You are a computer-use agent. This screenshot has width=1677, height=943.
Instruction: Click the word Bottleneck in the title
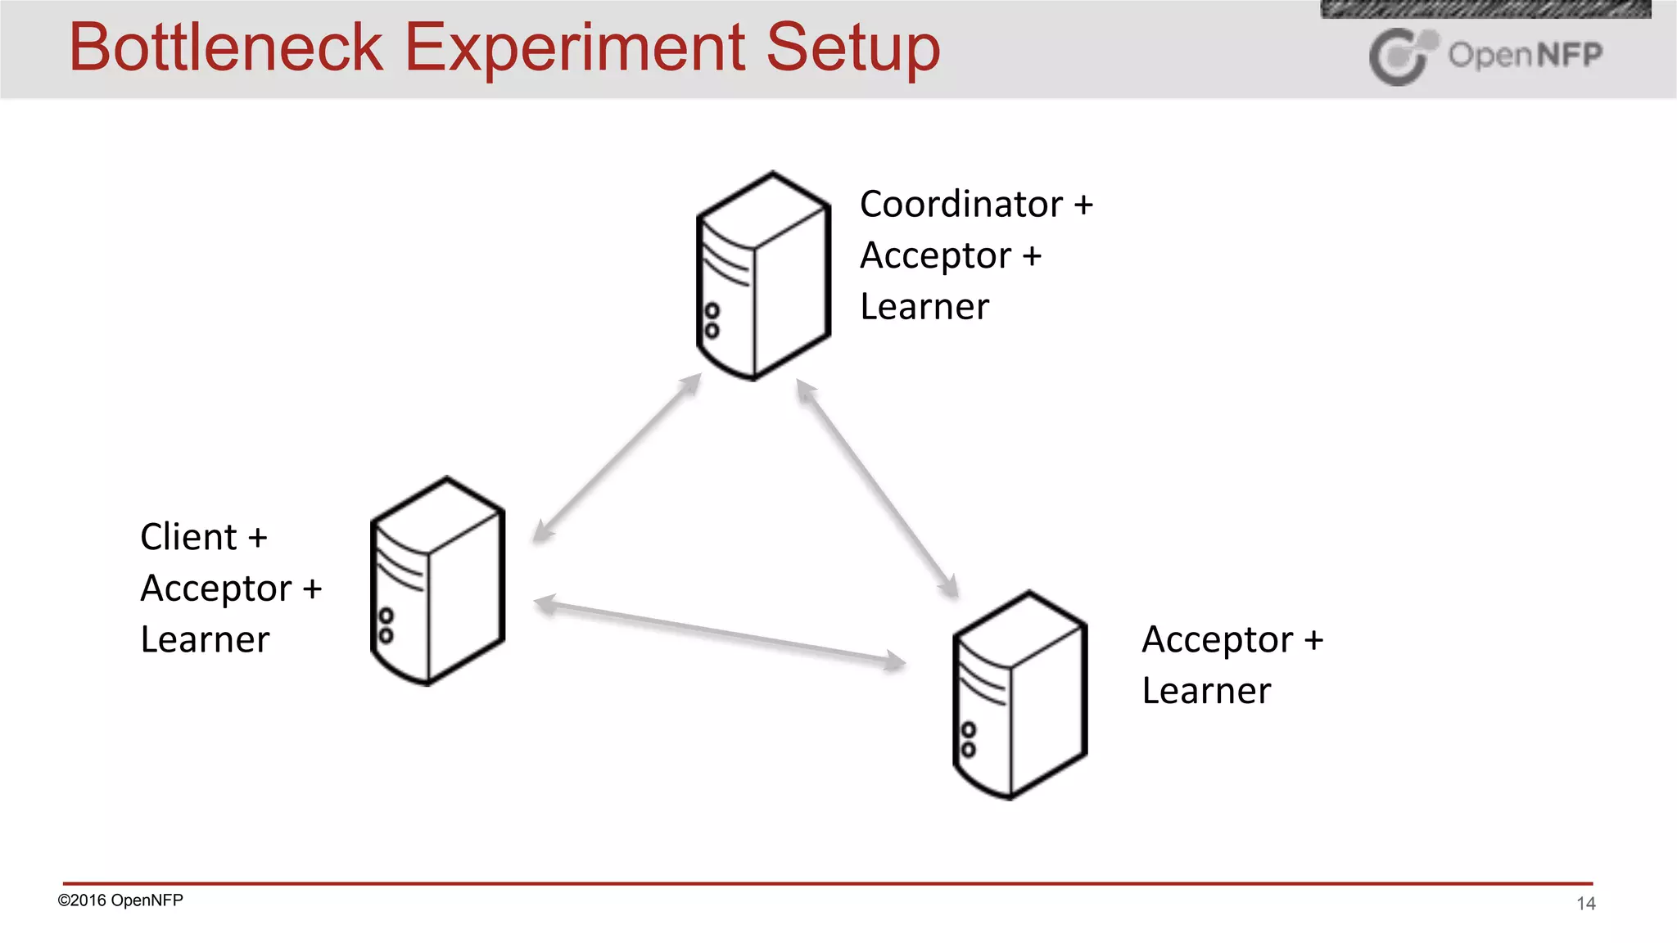click(x=226, y=47)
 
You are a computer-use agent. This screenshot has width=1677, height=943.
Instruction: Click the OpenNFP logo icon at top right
click(x=1401, y=56)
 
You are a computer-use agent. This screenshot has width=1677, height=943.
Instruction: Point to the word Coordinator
click(x=961, y=204)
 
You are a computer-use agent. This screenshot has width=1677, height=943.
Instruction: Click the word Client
click(x=188, y=537)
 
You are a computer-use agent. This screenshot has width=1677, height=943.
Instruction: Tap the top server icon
click(x=763, y=277)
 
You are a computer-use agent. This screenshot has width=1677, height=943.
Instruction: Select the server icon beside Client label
click(x=437, y=581)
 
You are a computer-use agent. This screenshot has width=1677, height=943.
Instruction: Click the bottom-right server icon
click(x=1019, y=696)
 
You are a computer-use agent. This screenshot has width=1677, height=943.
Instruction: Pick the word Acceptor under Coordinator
click(x=935, y=255)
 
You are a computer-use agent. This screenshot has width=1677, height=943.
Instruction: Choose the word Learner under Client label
click(x=205, y=639)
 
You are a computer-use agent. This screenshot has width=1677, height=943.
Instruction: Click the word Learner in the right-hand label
click(x=1206, y=691)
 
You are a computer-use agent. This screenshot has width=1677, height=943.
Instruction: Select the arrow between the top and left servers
click(x=617, y=458)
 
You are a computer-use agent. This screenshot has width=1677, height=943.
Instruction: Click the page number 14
click(x=1585, y=904)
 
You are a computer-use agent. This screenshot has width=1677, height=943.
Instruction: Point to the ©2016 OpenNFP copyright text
click(x=120, y=900)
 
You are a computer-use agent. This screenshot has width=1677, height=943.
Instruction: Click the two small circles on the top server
click(x=712, y=321)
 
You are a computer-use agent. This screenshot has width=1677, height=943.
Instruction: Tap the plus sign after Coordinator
click(x=1083, y=205)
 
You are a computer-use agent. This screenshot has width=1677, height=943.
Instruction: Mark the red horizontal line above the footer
click(x=827, y=883)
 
